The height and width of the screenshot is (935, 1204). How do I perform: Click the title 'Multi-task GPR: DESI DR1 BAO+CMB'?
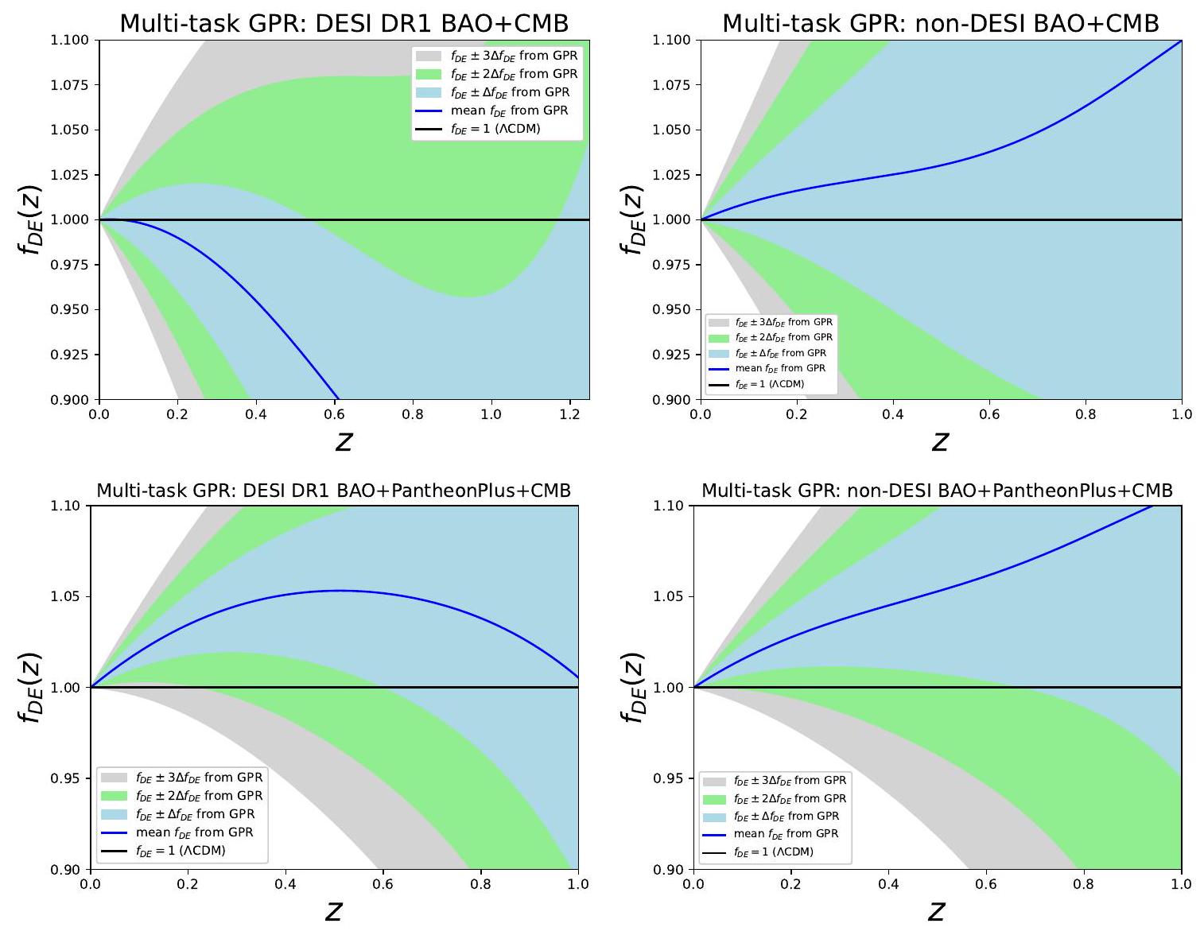[x=344, y=23]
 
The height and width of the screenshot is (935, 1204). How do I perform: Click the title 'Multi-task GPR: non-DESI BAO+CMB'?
[x=940, y=23]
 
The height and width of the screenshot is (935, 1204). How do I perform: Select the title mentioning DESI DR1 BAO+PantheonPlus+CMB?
[x=334, y=491]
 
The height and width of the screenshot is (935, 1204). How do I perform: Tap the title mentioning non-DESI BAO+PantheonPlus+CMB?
[x=937, y=491]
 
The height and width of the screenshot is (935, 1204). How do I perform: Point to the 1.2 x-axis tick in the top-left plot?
[x=569, y=415]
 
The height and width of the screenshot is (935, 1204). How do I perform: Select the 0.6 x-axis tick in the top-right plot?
[x=989, y=415]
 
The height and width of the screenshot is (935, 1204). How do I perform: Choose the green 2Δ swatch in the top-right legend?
[x=719, y=338]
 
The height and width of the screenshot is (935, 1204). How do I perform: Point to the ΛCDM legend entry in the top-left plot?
[x=495, y=129]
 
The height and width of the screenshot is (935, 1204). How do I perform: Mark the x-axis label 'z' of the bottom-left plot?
[x=334, y=910]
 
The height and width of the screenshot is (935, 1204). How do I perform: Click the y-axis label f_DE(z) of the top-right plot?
[x=633, y=219]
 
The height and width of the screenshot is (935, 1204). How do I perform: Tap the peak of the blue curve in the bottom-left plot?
[x=340, y=590]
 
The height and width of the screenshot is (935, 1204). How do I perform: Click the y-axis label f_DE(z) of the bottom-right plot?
[x=633, y=687]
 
